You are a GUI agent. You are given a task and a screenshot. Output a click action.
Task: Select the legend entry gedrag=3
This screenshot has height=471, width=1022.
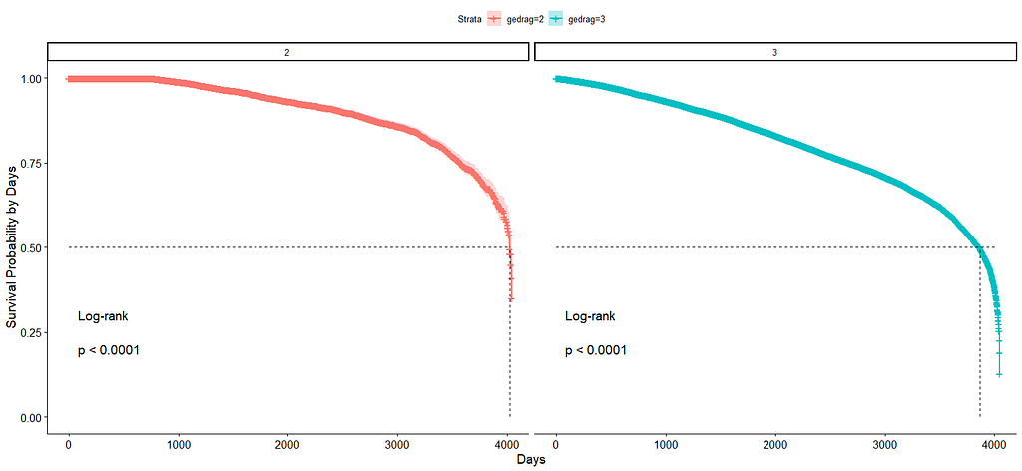click(585, 19)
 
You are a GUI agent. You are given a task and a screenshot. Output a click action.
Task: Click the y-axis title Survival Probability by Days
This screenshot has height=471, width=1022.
click(11, 247)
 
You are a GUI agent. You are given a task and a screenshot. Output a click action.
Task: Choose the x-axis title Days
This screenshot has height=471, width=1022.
click(531, 460)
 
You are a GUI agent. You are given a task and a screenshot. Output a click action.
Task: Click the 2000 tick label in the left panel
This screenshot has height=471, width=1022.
click(287, 443)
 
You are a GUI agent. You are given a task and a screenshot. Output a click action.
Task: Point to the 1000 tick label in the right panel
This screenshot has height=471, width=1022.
click(666, 443)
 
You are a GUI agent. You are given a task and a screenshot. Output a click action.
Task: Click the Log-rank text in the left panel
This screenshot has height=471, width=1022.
click(103, 316)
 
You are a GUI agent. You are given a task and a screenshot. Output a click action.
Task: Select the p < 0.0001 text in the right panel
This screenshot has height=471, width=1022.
click(596, 350)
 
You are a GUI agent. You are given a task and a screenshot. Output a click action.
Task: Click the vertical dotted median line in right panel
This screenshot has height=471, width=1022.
click(979, 339)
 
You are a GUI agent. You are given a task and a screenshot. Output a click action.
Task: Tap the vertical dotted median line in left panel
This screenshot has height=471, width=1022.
click(510, 369)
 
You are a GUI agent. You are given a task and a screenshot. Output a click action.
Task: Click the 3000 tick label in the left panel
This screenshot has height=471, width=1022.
click(397, 443)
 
